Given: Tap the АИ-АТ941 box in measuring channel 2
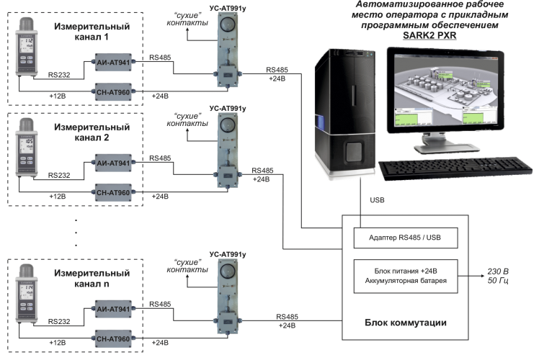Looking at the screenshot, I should pyautogui.click(x=113, y=164).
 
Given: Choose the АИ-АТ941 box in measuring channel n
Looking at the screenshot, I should pyautogui.click(x=113, y=310).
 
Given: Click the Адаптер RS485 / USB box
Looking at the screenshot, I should pyautogui.click(x=405, y=237).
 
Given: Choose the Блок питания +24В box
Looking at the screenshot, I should pyautogui.click(x=405, y=275).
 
